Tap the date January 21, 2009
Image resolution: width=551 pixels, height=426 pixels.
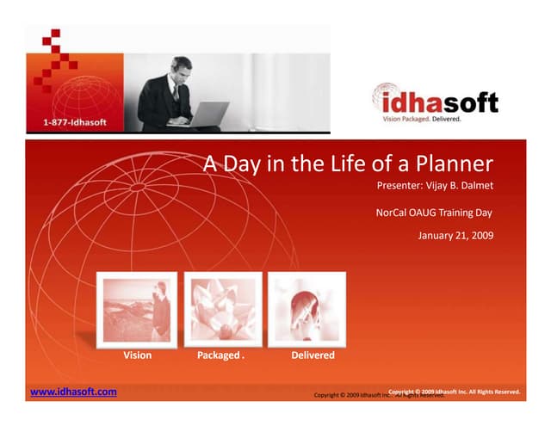pos(455,235)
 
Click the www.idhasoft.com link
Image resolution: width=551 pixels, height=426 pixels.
pos(73,392)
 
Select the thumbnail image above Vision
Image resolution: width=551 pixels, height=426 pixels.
pos(138,307)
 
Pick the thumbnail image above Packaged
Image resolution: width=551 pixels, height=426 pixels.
pos(222,307)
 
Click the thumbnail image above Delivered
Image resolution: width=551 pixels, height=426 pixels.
pos(306,307)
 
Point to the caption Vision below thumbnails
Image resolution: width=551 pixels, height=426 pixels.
pos(138,355)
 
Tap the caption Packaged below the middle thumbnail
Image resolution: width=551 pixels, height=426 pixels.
pos(219,355)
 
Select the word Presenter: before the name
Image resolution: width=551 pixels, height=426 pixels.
pos(402,186)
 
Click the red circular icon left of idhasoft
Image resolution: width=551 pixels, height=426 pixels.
pos(387,100)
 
